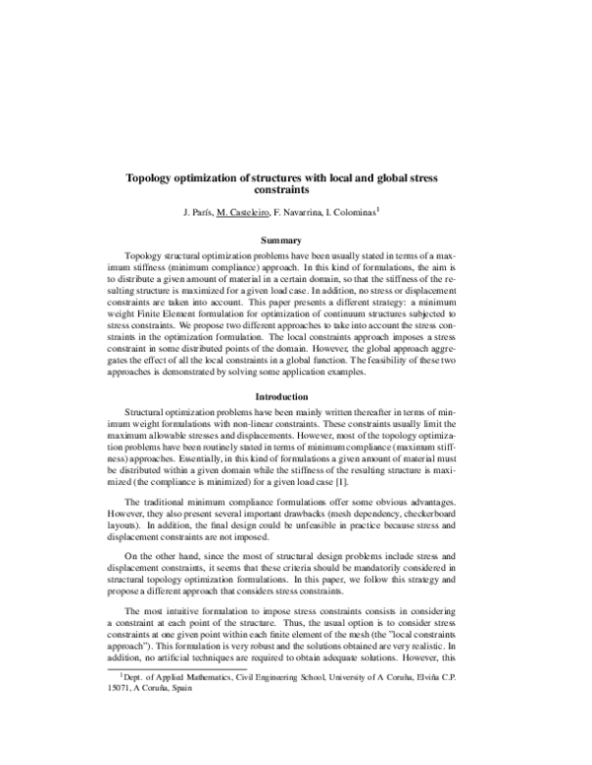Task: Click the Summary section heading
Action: [x=296, y=240]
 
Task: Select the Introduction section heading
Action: [x=296, y=396]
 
